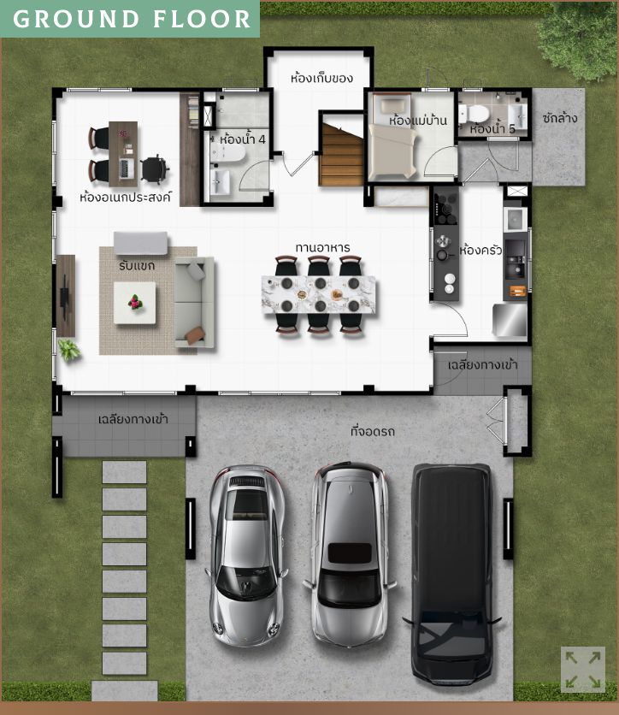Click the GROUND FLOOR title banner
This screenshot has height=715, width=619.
click(x=130, y=19)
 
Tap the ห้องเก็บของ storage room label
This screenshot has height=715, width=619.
click(x=321, y=78)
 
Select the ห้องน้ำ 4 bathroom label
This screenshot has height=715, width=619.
click(x=243, y=139)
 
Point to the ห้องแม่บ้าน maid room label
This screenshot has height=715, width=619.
click(x=417, y=121)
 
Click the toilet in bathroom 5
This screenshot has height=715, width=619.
click(x=475, y=114)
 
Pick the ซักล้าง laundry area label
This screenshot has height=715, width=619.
click(x=560, y=118)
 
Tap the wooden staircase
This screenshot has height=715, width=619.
click(x=342, y=154)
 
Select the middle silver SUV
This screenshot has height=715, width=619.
click(x=350, y=554)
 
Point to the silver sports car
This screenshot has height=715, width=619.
click(x=247, y=555)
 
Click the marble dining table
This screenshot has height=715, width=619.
click(x=319, y=294)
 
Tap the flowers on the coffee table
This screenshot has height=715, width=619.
click(x=135, y=302)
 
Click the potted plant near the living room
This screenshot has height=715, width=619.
click(x=69, y=350)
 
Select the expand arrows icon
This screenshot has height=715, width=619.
click(x=583, y=669)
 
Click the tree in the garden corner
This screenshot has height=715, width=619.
click(x=578, y=38)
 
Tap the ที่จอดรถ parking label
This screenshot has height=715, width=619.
click(x=373, y=431)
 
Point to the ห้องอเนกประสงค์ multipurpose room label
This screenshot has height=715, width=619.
click(x=126, y=198)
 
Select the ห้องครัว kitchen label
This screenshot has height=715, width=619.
click(x=480, y=250)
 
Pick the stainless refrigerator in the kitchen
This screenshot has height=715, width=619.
click(x=510, y=320)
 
